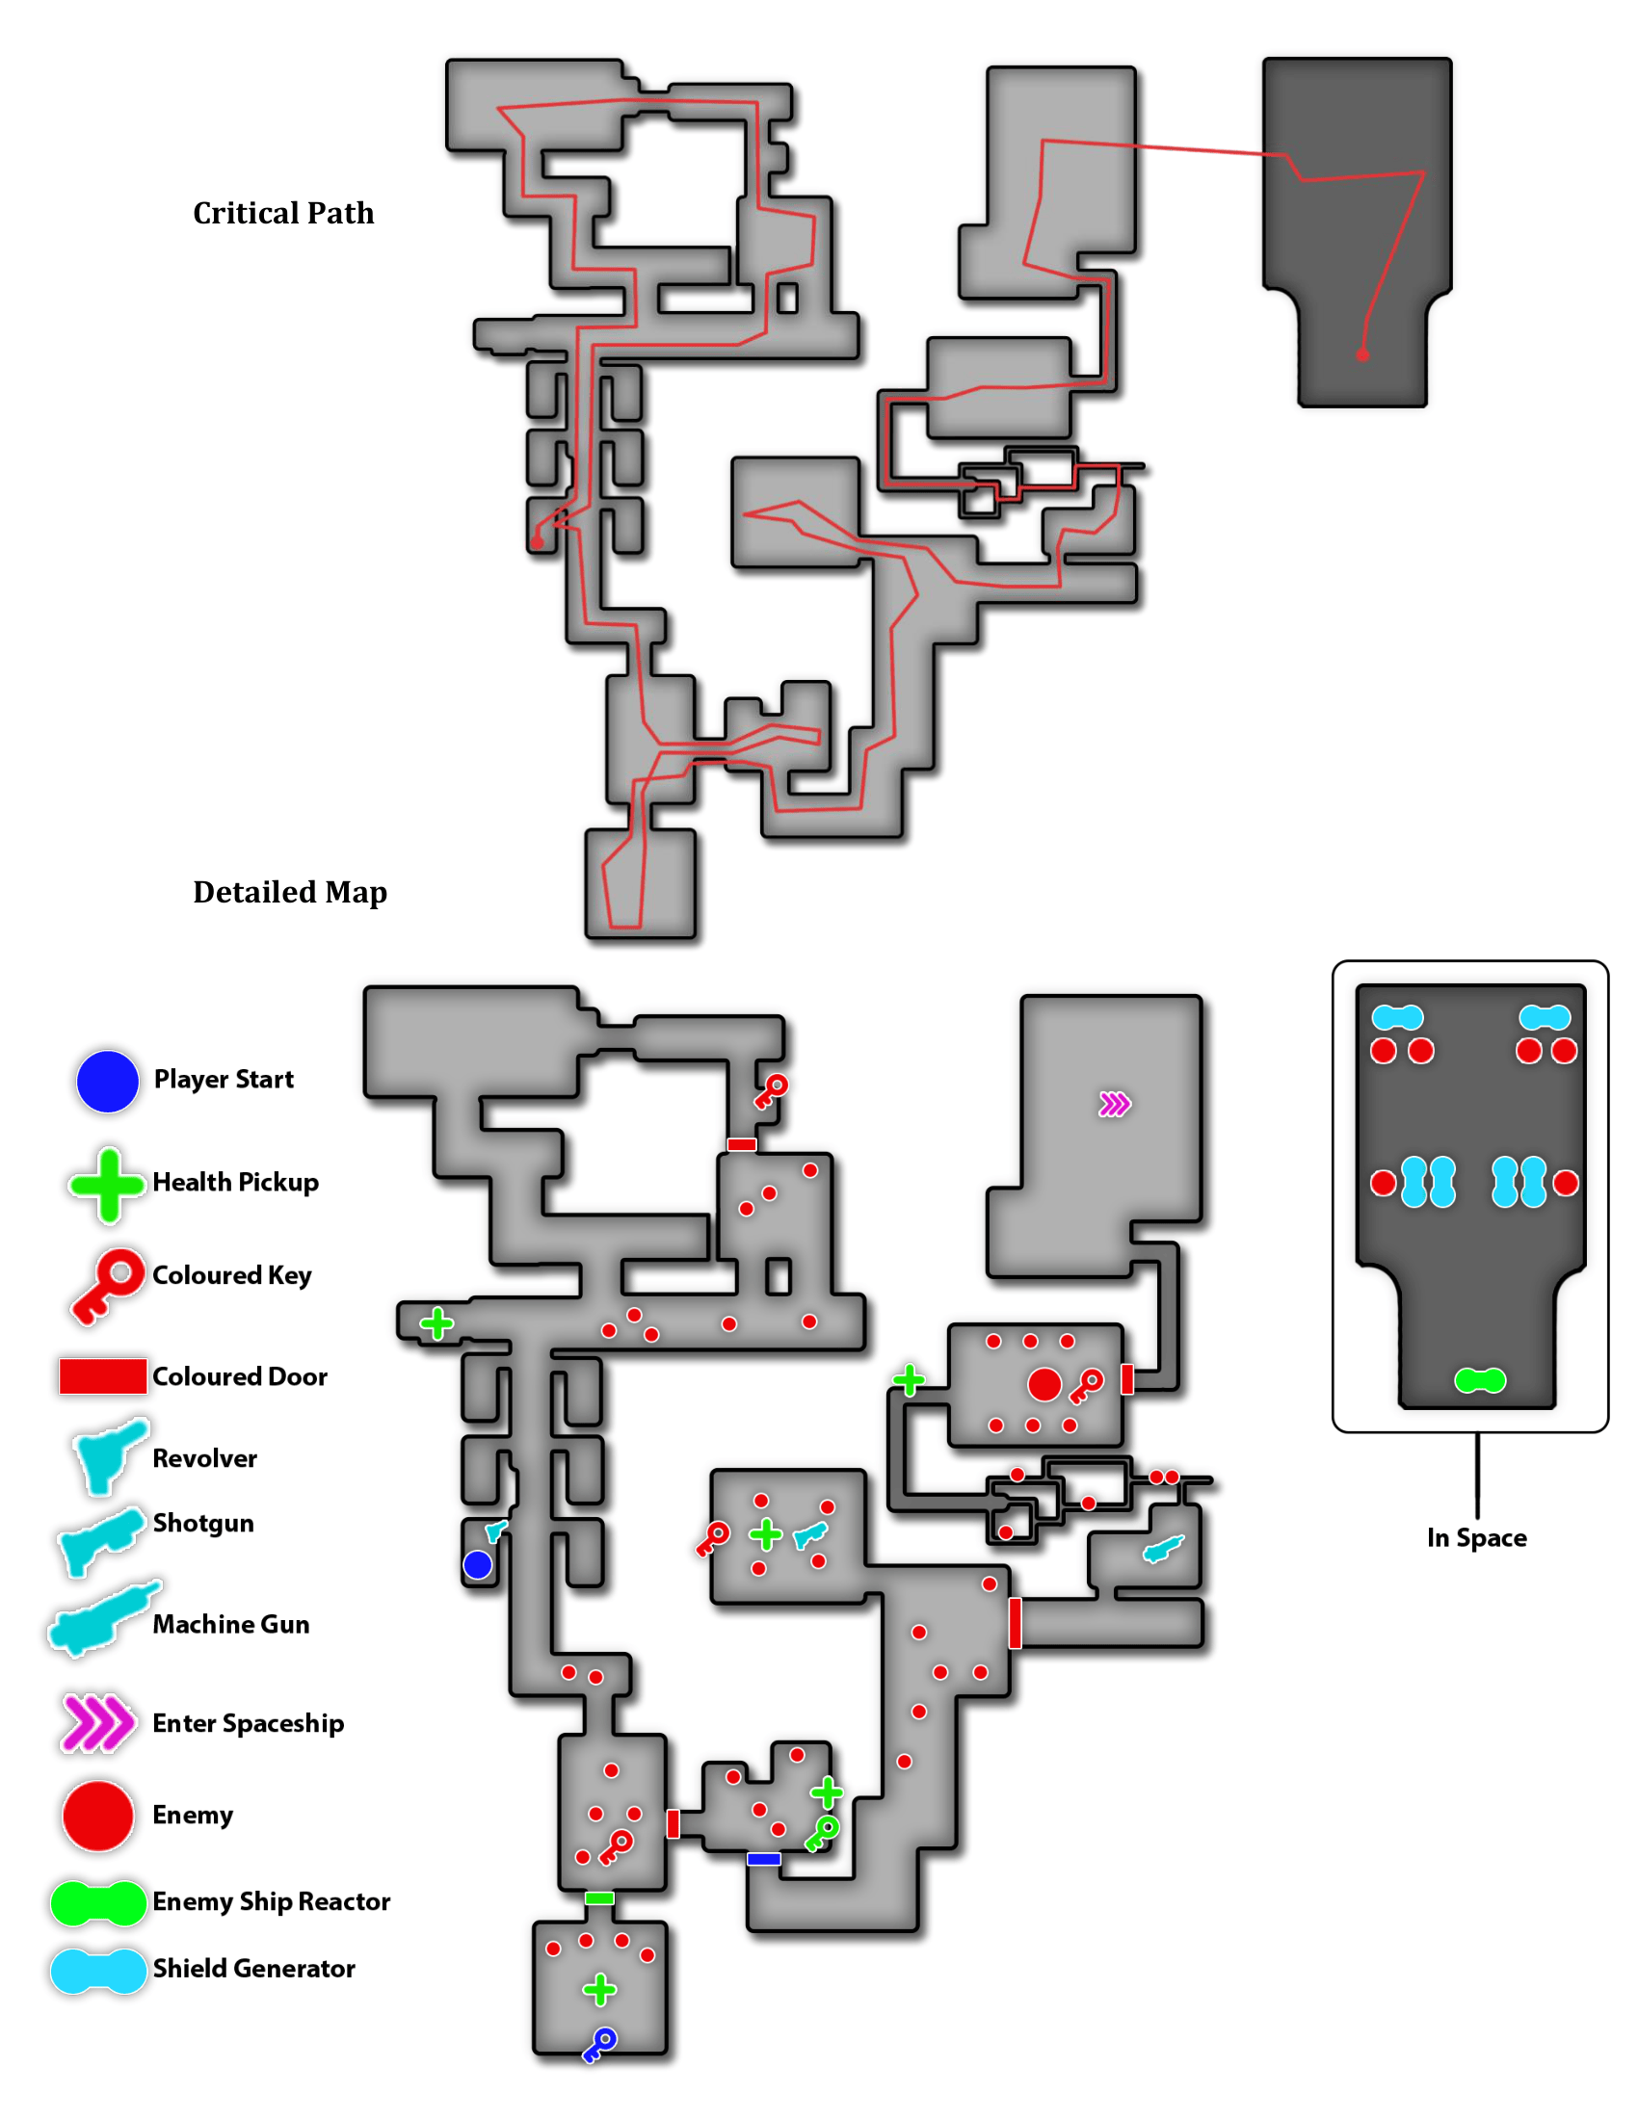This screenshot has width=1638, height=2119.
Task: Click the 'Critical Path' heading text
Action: click(x=283, y=213)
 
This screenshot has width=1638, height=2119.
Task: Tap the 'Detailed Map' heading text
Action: click(x=289, y=892)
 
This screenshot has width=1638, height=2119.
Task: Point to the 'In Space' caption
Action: click(x=1476, y=1538)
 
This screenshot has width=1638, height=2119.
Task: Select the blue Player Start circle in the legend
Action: click(x=107, y=1081)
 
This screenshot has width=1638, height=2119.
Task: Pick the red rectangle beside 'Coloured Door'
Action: click(x=102, y=1375)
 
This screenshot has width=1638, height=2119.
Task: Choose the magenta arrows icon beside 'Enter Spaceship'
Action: click(x=97, y=1723)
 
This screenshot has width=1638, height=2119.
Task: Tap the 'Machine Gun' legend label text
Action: click(x=231, y=1624)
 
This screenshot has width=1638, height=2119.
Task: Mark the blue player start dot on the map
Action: click(x=477, y=1564)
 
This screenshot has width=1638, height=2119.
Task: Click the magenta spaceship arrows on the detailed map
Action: click(x=1114, y=1104)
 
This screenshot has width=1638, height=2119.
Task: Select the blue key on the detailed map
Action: click(x=599, y=2043)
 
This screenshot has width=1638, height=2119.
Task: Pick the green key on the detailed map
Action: click(x=823, y=1833)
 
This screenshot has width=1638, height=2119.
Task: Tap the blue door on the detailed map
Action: click(x=764, y=1859)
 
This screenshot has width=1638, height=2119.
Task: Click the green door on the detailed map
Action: click(x=598, y=1897)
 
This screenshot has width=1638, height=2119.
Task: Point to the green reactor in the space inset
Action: click(x=1479, y=1379)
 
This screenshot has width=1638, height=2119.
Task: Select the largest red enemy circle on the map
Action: click(x=1044, y=1384)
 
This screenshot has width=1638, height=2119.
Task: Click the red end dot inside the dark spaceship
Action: click(x=1362, y=355)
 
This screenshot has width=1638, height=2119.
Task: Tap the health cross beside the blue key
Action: click(x=599, y=1990)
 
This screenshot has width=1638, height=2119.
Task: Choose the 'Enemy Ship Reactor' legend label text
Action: click(x=271, y=1901)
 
